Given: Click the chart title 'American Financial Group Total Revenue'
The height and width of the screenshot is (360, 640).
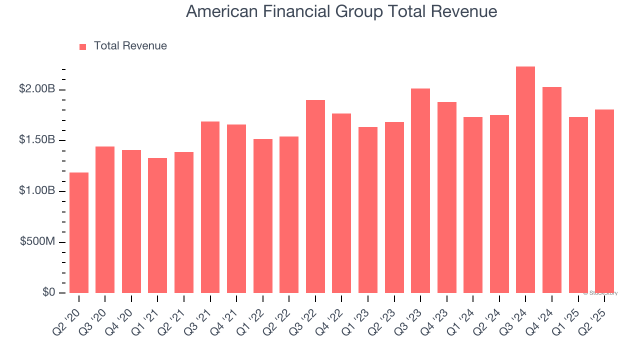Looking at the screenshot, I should click(341, 11).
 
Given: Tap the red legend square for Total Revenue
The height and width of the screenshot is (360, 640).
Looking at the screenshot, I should click(83, 46).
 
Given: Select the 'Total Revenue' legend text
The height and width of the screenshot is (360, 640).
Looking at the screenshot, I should click(130, 46).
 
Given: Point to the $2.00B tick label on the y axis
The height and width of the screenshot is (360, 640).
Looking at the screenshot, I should click(37, 89).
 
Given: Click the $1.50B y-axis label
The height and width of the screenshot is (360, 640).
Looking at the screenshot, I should click(37, 140).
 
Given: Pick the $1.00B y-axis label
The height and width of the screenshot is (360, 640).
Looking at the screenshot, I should click(37, 191).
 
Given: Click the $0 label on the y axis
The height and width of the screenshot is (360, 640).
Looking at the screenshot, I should click(48, 292).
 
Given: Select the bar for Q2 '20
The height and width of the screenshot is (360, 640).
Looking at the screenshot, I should click(79, 232).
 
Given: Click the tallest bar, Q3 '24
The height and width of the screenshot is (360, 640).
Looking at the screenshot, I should click(525, 180).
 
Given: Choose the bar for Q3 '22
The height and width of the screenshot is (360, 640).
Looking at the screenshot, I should click(315, 196).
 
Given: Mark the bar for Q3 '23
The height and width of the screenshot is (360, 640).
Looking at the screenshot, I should click(420, 190).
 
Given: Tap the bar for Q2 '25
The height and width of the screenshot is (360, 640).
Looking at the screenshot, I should click(604, 201).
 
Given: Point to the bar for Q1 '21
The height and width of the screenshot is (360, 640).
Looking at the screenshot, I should click(157, 225).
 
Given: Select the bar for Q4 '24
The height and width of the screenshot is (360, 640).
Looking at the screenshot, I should click(552, 190).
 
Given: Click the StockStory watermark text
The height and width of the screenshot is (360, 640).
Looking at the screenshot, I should click(600, 293).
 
